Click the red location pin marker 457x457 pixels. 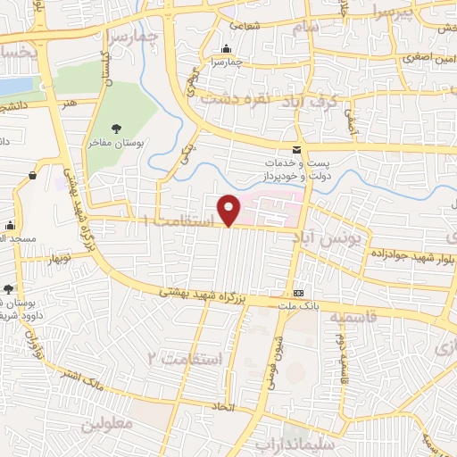click(229, 209)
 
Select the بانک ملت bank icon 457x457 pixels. click(298, 294)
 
